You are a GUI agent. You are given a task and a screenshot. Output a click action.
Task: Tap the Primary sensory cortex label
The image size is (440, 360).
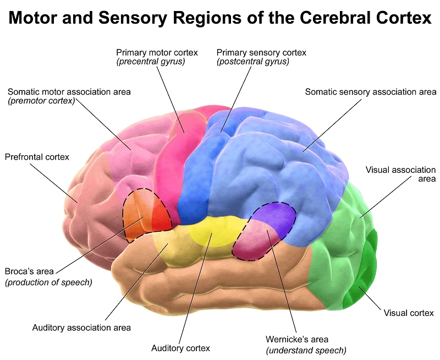pyautogui.click(x=261, y=52)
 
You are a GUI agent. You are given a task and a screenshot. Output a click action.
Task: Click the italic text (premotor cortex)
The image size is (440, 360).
pyautogui.click(x=42, y=101)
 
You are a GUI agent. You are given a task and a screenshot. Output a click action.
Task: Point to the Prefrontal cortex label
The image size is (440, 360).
pyautogui.click(x=37, y=157)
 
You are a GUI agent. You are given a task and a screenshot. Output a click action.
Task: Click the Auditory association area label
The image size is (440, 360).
pyautogui.click(x=81, y=328)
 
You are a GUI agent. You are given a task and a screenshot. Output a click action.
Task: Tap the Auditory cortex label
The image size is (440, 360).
pyautogui.click(x=180, y=348)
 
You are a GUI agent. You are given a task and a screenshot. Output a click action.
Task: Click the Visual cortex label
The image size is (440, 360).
pyautogui.click(x=408, y=313)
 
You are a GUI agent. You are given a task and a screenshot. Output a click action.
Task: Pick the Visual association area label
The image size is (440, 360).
pyautogui.click(x=400, y=174)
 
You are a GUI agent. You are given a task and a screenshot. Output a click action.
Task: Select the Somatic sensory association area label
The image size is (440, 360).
pyautogui.click(x=370, y=92)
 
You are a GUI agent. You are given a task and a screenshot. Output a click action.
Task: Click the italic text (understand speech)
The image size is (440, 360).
pyautogui.click(x=306, y=350)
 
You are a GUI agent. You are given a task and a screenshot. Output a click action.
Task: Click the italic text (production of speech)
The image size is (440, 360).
pyautogui.click(x=48, y=282)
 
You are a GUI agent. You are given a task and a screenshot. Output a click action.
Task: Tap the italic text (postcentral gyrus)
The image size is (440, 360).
pyautogui.click(x=253, y=62)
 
